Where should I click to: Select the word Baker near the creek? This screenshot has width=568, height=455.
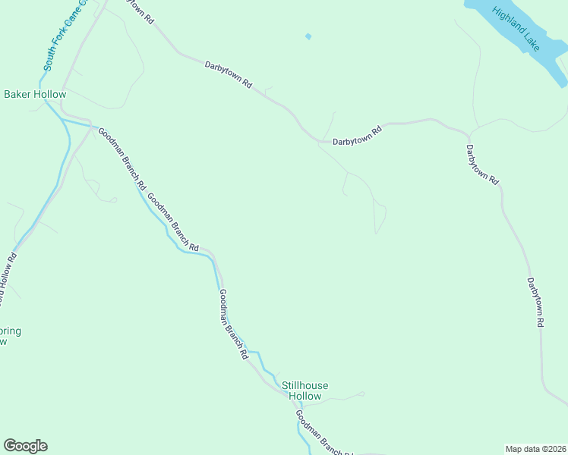(x=17, y=95)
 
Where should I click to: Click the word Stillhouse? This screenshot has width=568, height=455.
(x=301, y=385)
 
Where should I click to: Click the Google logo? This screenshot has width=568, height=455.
(x=25, y=446)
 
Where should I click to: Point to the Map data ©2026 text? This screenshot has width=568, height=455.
(x=535, y=448)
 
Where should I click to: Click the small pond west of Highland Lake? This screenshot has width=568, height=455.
(x=308, y=36)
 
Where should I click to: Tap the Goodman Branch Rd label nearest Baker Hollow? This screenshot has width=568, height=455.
(x=121, y=157)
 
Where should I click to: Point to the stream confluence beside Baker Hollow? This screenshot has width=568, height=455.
(x=61, y=119)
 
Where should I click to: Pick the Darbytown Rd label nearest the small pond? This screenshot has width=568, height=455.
(x=228, y=76)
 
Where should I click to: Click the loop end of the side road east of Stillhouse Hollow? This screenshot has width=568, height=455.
(x=362, y=394)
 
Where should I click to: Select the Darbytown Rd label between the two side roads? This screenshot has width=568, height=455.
(x=357, y=135)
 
